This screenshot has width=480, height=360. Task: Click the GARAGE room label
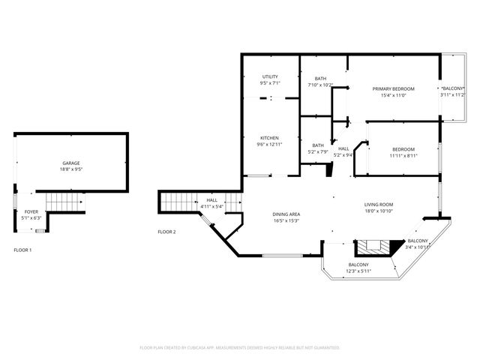pos(71,163)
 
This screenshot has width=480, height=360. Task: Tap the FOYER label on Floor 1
pos(31,212)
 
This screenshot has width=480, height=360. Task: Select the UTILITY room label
pos(270,77)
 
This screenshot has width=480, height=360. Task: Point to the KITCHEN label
pos(269,138)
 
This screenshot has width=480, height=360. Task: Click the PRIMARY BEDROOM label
pos(393,88)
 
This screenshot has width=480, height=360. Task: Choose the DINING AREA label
pos(286,214)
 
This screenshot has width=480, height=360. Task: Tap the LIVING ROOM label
pos(379,205)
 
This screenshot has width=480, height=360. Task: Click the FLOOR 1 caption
pos(23,249)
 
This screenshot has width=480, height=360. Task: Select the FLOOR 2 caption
pos(166,232)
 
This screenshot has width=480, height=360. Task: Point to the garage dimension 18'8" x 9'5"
pos(71,169)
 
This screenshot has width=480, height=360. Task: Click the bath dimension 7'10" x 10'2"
pos(320,85)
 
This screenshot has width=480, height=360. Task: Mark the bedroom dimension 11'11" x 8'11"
pos(403,156)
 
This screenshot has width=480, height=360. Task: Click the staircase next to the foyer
pos(62,202)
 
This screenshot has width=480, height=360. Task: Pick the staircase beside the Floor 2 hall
pos(178,201)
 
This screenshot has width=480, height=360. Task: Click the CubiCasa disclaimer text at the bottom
pos(240,348)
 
